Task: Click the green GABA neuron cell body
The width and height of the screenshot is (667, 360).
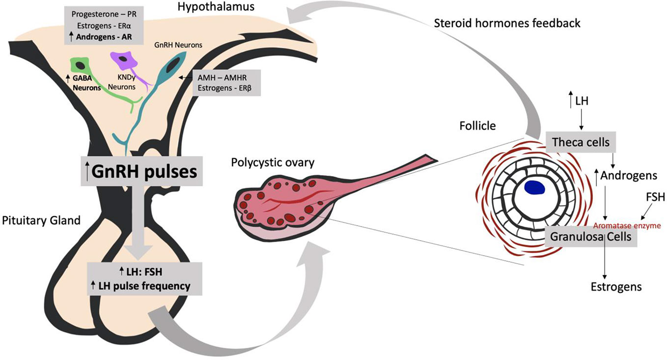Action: click(x=79, y=65)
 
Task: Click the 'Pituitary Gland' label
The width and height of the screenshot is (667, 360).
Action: click(x=41, y=221)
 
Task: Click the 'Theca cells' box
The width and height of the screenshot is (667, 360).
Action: click(x=581, y=142)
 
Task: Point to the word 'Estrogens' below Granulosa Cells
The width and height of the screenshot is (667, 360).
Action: click(x=616, y=287)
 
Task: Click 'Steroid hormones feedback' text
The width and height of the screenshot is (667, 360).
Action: click(x=507, y=23)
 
